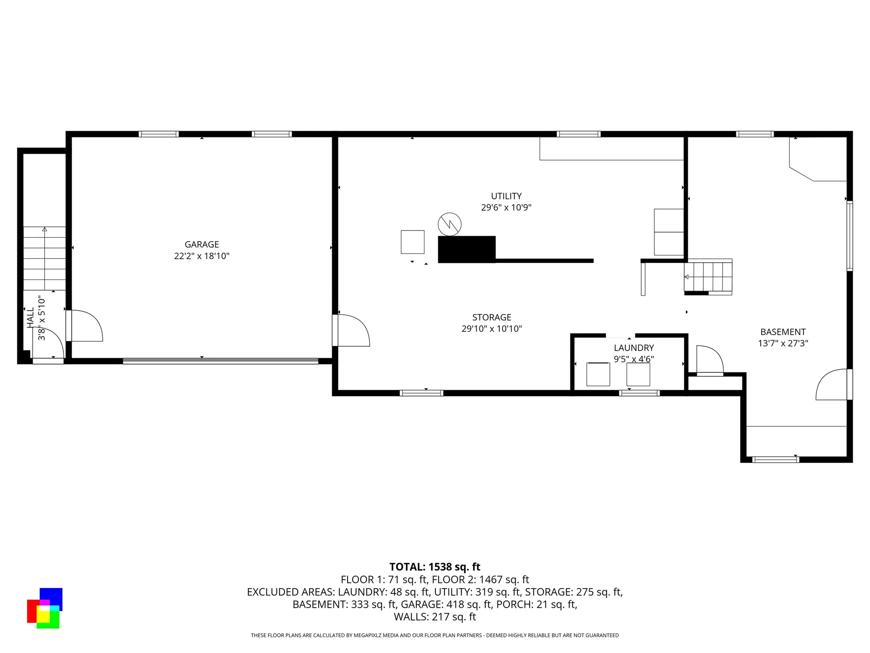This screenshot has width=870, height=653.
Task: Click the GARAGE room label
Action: click(x=202, y=244)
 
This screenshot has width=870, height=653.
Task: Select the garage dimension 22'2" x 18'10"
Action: click(x=202, y=256)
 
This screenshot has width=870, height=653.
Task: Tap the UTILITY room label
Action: click(x=506, y=196)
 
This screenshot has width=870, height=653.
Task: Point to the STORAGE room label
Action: click(x=492, y=317)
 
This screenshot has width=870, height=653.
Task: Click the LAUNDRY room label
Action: click(x=633, y=348)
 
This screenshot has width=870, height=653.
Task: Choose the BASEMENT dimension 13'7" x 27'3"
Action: click(x=783, y=343)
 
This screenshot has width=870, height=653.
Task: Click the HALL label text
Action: click(x=30, y=317)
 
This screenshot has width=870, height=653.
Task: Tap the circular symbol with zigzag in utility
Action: click(x=449, y=224)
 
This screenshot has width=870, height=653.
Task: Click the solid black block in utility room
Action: click(x=466, y=249)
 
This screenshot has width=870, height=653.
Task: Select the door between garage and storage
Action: click(x=351, y=331)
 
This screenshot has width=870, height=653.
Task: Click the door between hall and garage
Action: click(x=84, y=326)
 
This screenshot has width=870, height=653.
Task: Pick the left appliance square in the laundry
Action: click(x=598, y=374)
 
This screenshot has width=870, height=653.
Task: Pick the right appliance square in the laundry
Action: click(x=638, y=374)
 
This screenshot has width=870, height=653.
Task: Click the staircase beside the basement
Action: click(x=708, y=277)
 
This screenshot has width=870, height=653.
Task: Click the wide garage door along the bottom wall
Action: click(x=220, y=361)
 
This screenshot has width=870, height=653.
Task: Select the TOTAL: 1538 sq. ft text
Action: click(x=435, y=567)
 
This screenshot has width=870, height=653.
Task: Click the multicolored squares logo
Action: click(x=44, y=608)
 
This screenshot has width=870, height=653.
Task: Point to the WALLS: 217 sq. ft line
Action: click(x=435, y=617)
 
